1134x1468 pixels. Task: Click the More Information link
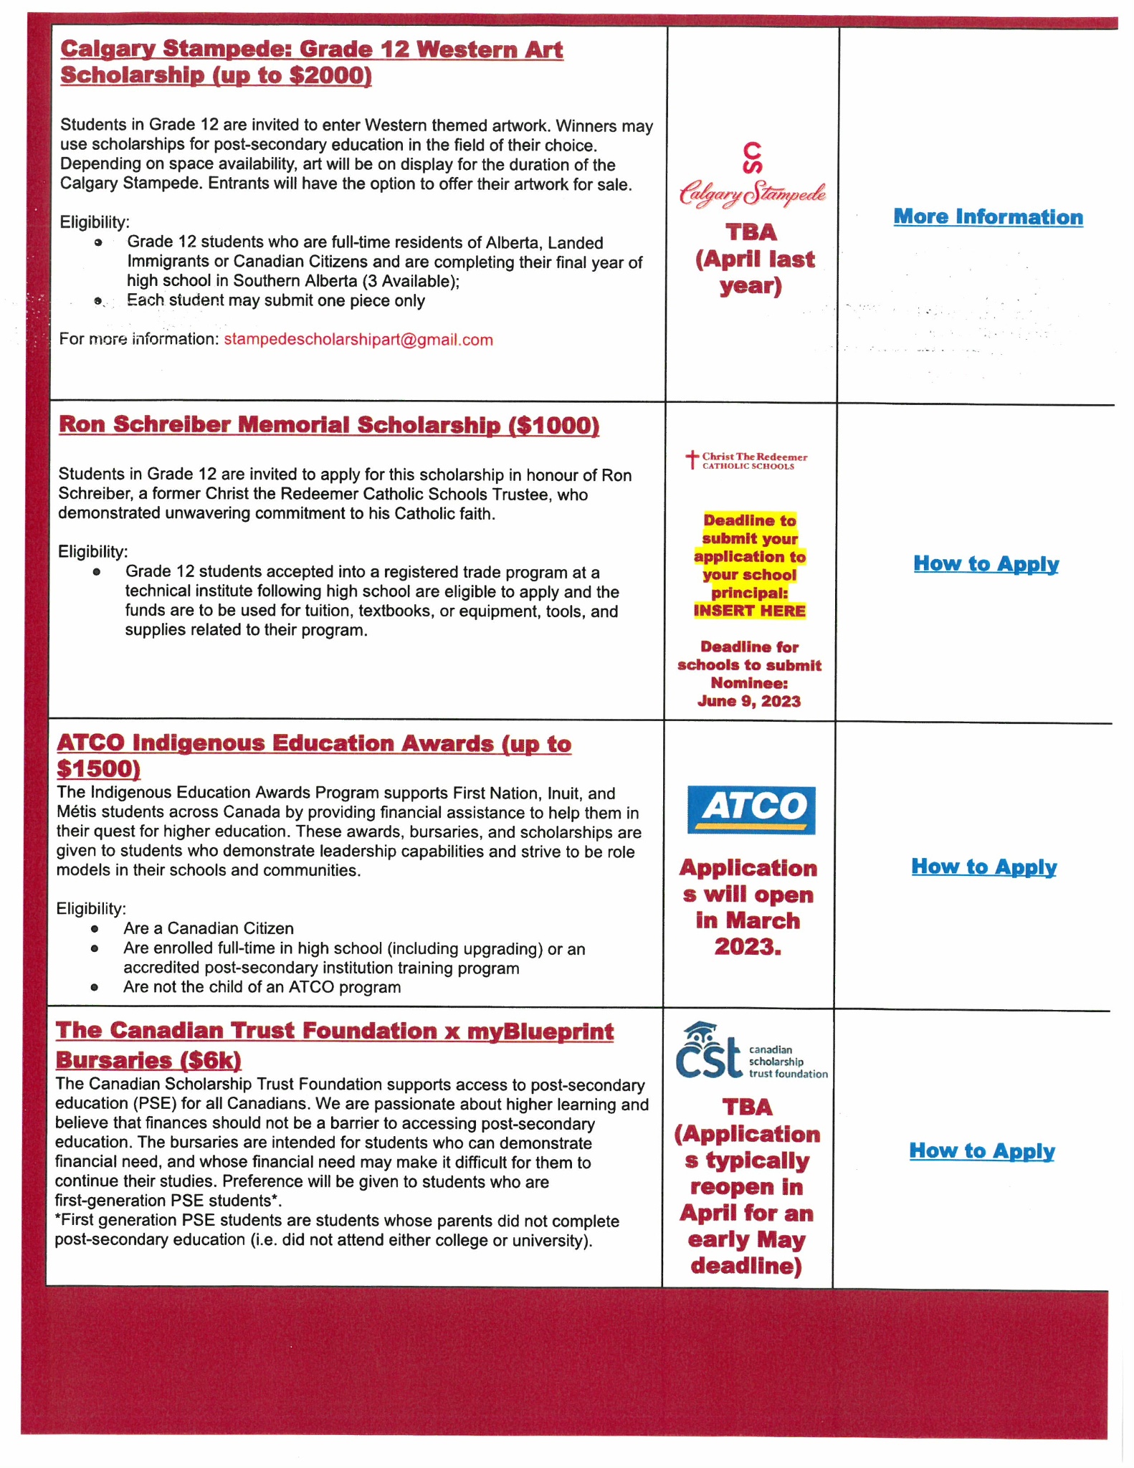pyautogui.click(x=988, y=217)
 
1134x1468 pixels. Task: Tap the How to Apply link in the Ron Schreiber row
pyautogui.click(x=986, y=564)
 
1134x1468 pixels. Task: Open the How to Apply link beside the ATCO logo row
pyautogui.click(x=983, y=867)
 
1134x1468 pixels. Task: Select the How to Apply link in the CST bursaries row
pyautogui.click(x=981, y=1151)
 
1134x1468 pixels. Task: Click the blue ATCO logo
pyautogui.click(x=751, y=809)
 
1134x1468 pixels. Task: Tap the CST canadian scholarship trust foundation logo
pyautogui.click(x=751, y=1052)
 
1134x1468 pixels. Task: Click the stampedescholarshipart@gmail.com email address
pyautogui.click(x=358, y=340)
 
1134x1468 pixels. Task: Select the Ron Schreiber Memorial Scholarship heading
pyautogui.click(x=328, y=425)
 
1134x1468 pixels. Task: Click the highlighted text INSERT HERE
pyautogui.click(x=749, y=611)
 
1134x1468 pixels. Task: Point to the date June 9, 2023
pyautogui.click(x=749, y=702)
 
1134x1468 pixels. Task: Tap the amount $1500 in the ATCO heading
pyautogui.click(x=98, y=769)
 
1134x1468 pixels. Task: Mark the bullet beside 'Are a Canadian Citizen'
pyautogui.click(x=95, y=929)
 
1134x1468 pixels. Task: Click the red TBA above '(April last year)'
pyautogui.click(x=751, y=233)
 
